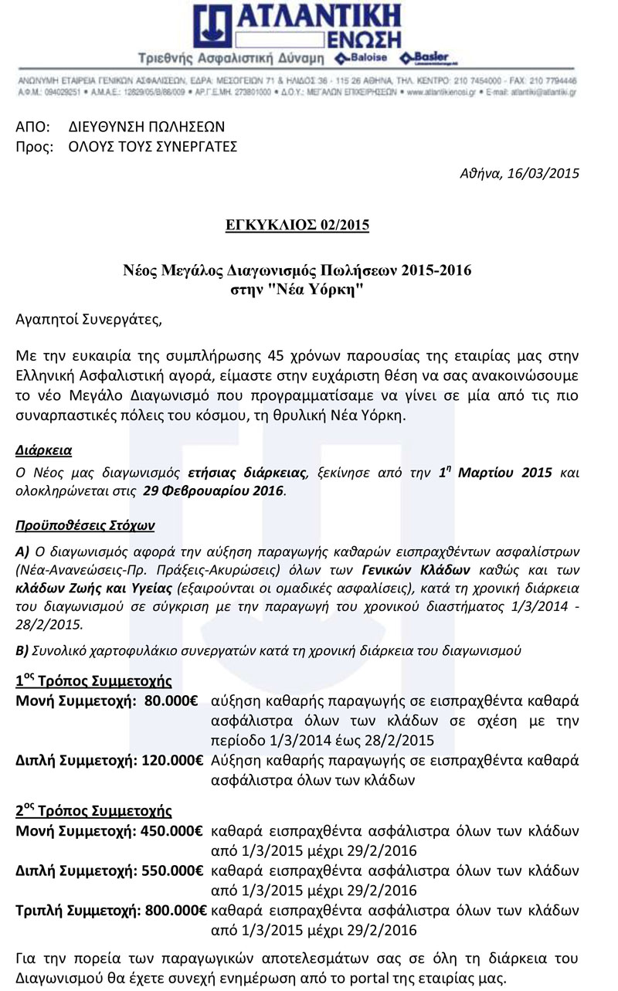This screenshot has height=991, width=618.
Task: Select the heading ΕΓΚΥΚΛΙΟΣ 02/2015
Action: pyautogui.click(x=308, y=226)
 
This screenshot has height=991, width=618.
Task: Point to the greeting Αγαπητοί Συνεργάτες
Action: pyautogui.click(x=90, y=317)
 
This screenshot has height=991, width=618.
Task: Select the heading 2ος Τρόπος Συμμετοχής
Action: pyautogui.click(x=93, y=812)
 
